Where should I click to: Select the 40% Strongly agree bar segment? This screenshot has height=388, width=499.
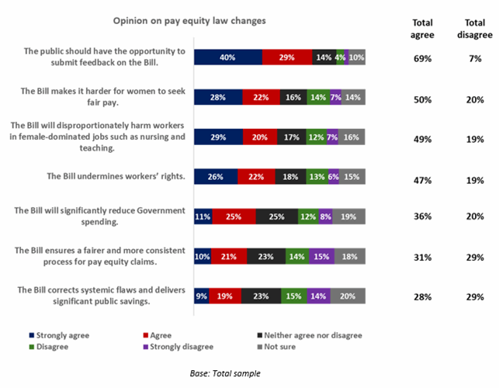(227, 57)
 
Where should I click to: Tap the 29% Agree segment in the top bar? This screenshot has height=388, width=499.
(286, 57)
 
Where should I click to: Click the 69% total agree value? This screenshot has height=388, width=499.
(422, 58)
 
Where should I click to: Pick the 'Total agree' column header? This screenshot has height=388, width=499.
(422, 29)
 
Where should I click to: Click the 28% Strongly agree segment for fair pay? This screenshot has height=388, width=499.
(217, 97)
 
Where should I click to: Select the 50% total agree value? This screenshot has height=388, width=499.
(422, 98)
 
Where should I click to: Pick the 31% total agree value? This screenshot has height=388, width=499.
(422, 256)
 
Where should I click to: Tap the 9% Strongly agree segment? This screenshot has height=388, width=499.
(201, 296)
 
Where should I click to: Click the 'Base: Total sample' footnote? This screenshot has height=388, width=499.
(225, 373)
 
